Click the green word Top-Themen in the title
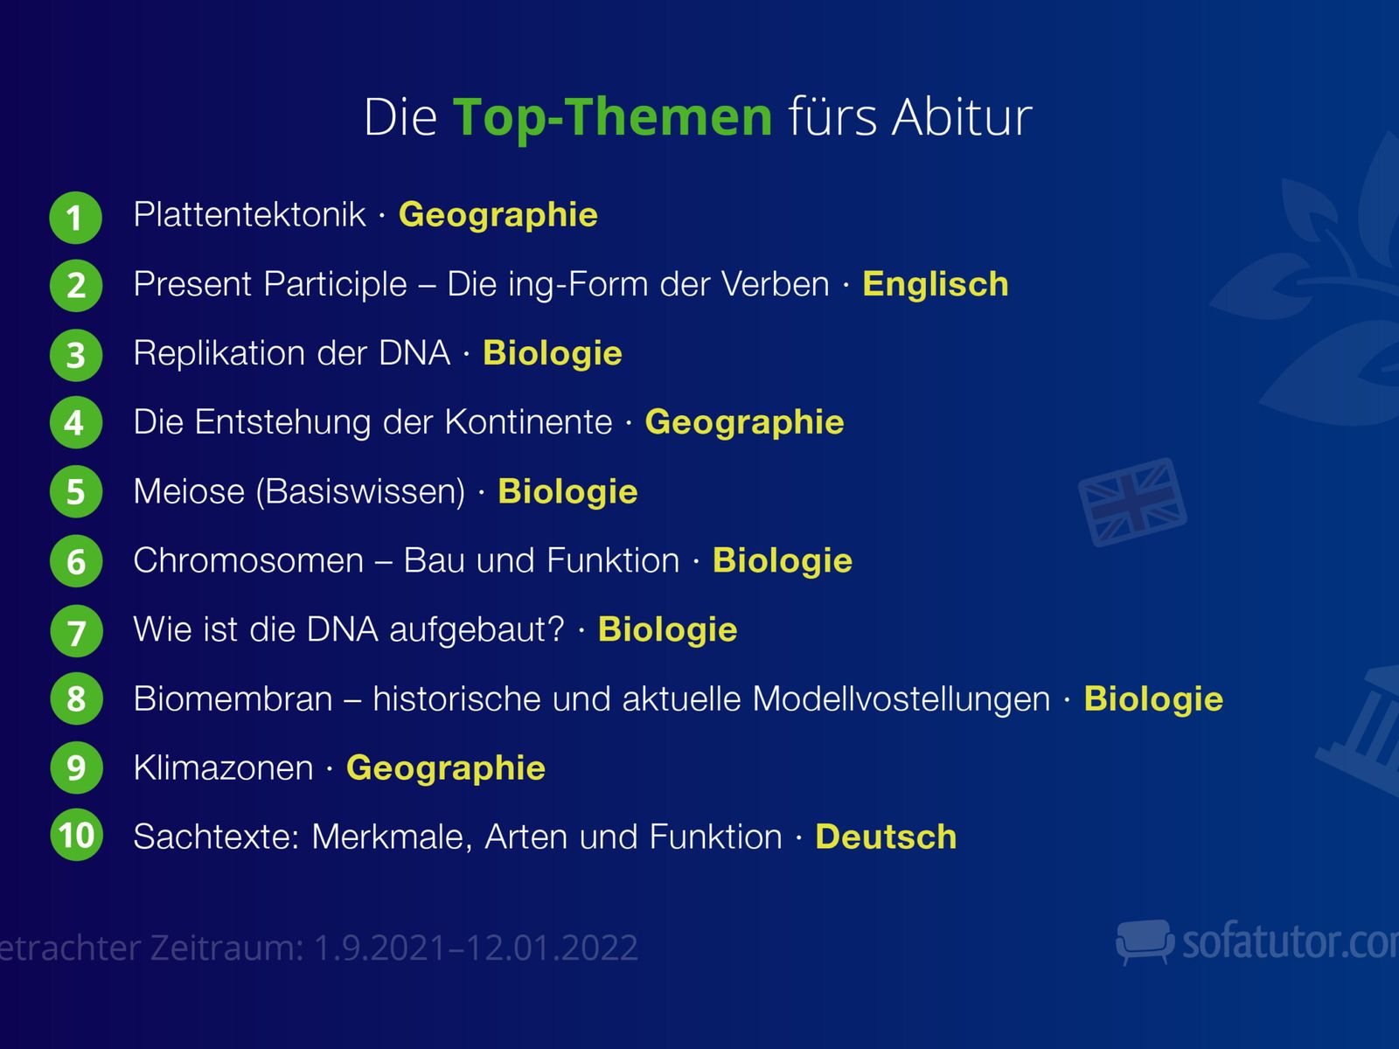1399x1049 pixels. tap(613, 118)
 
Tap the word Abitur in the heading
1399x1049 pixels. tap(962, 117)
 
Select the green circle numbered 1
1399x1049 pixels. tap(76, 217)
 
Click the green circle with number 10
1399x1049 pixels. tap(76, 834)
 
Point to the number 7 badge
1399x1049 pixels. tap(76, 630)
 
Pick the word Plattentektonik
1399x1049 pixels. tap(249, 214)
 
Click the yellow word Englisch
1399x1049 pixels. tap(935, 284)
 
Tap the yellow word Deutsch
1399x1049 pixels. tap(886, 837)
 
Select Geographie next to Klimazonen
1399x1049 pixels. tap(446, 768)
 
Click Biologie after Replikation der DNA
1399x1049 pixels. tap(552, 353)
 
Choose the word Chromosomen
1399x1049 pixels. tap(248, 560)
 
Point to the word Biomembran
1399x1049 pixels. tap(233, 698)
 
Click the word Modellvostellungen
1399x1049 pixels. tap(901, 698)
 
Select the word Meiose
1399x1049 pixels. tap(189, 491)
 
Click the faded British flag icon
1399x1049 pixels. tap(1132, 502)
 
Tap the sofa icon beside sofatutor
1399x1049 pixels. tap(1145, 941)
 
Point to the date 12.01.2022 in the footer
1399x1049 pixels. tap(553, 948)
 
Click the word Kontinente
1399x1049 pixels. tap(528, 422)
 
